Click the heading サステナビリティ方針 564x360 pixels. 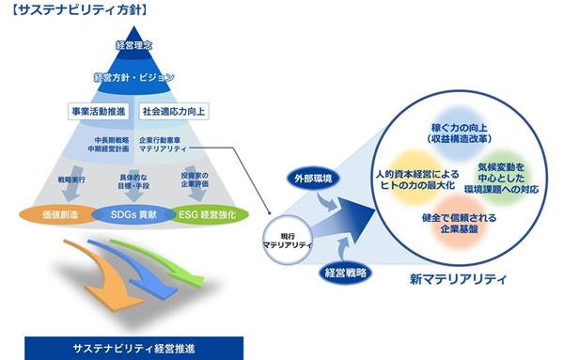click(80, 9)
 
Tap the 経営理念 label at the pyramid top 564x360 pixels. click(134, 45)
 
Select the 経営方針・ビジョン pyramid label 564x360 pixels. click(133, 77)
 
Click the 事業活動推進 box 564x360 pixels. click(99, 112)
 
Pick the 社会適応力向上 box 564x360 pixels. click(174, 112)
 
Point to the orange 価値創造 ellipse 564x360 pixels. click(60, 214)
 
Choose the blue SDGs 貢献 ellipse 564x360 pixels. click(133, 214)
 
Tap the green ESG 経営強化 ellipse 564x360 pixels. click(208, 214)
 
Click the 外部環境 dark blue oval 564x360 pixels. click(313, 178)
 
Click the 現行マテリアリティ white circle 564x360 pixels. click(288, 241)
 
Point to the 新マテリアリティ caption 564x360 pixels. click(459, 279)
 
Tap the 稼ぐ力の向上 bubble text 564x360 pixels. click(460, 133)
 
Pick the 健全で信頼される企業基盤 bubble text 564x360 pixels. click(460, 223)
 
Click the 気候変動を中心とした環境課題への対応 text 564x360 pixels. click(502, 178)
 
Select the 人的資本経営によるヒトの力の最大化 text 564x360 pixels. click(417, 180)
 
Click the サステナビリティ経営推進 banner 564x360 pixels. click(134, 348)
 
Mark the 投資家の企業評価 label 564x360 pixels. click(195, 180)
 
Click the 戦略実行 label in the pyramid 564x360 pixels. click(71, 180)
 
